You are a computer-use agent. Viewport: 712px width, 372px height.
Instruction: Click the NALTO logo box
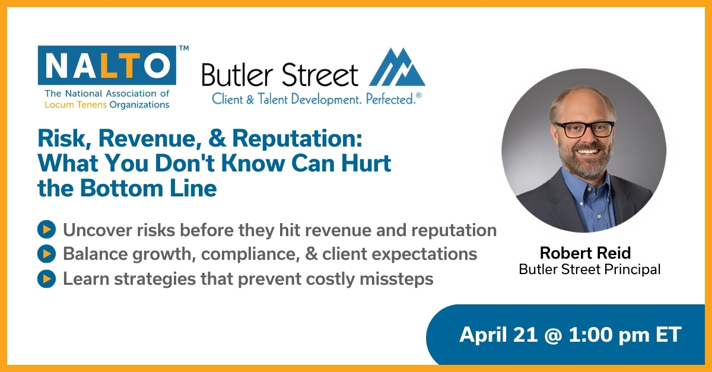(x=107, y=65)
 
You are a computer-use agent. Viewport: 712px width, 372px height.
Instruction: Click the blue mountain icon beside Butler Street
(x=397, y=68)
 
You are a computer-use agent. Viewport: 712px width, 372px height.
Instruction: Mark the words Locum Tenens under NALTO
(x=72, y=104)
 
